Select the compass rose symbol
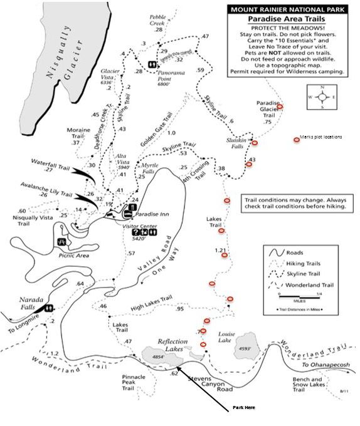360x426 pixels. [x=322, y=97]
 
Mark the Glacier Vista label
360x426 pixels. [x=110, y=76]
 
